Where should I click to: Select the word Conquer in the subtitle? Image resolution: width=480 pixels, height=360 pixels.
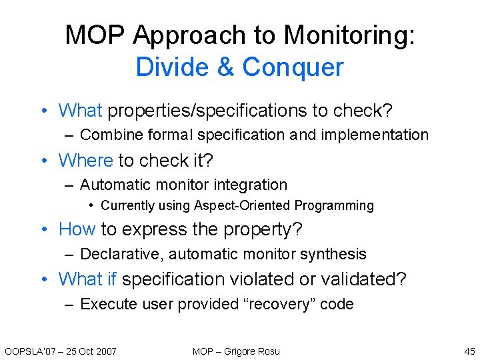(293, 67)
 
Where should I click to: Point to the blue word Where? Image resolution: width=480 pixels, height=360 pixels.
(86, 161)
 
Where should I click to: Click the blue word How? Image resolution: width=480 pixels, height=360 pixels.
(77, 229)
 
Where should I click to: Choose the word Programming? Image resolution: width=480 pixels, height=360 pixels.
(334, 206)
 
